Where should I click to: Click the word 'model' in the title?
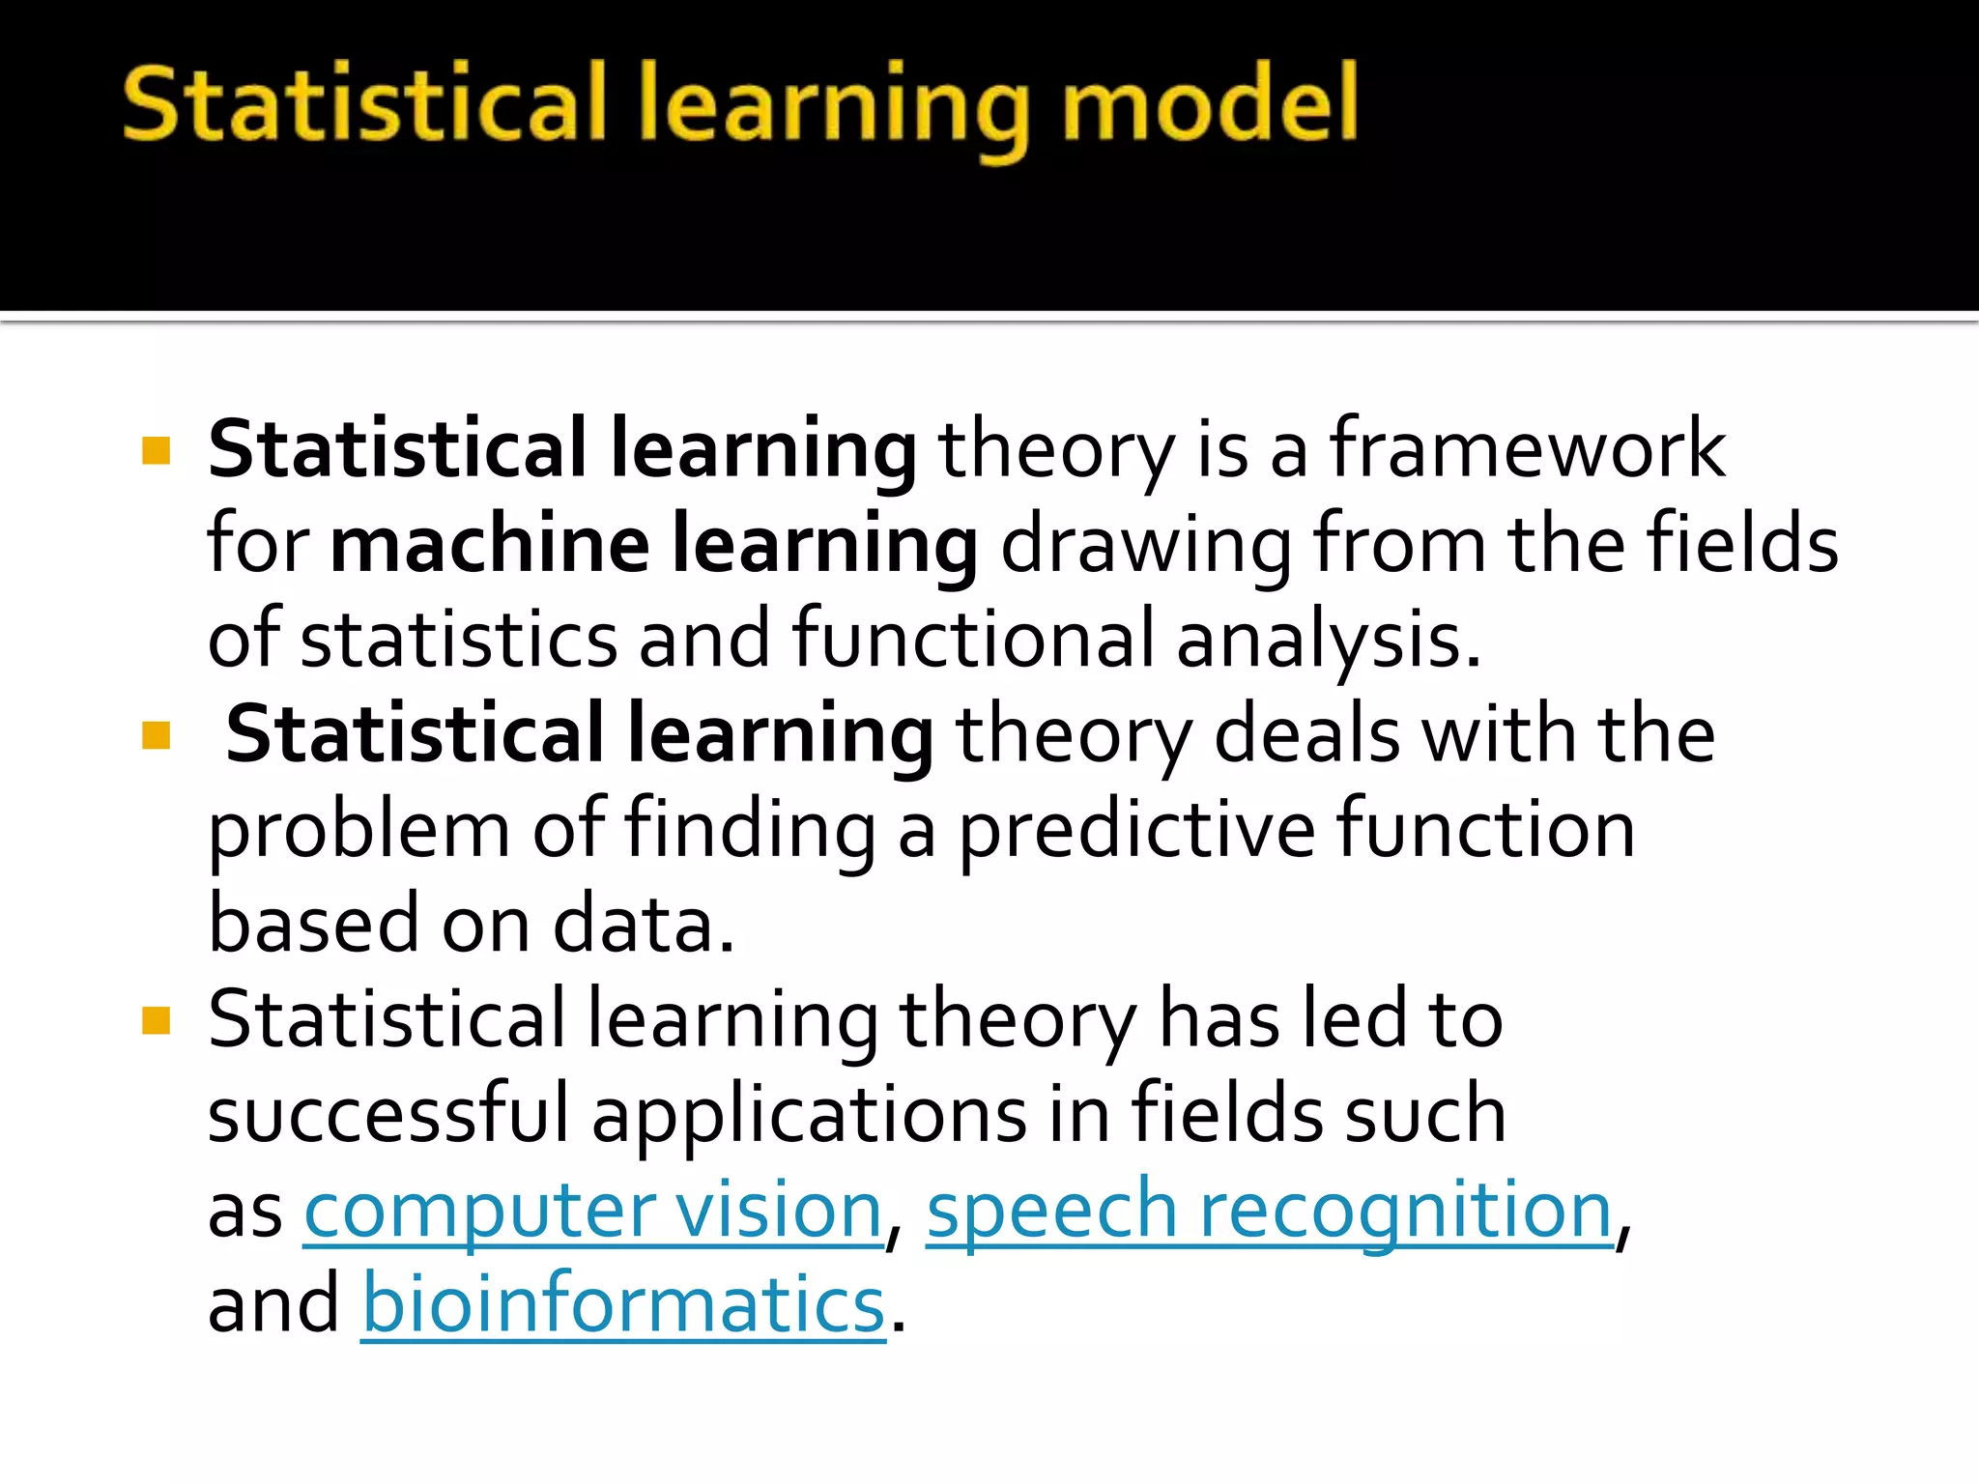(x=1210, y=104)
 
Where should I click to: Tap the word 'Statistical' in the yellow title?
(x=362, y=104)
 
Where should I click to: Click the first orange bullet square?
(x=156, y=451)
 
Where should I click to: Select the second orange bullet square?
(x=156, y=736)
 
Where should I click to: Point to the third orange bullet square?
(x=156, y=1020)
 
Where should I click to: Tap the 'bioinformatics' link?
(x=623, y=1305)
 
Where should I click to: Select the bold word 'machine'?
(x=490, y=544)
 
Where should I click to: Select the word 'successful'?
(x=388, y=1114)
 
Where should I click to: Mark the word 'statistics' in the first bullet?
(x=459, y=641)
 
